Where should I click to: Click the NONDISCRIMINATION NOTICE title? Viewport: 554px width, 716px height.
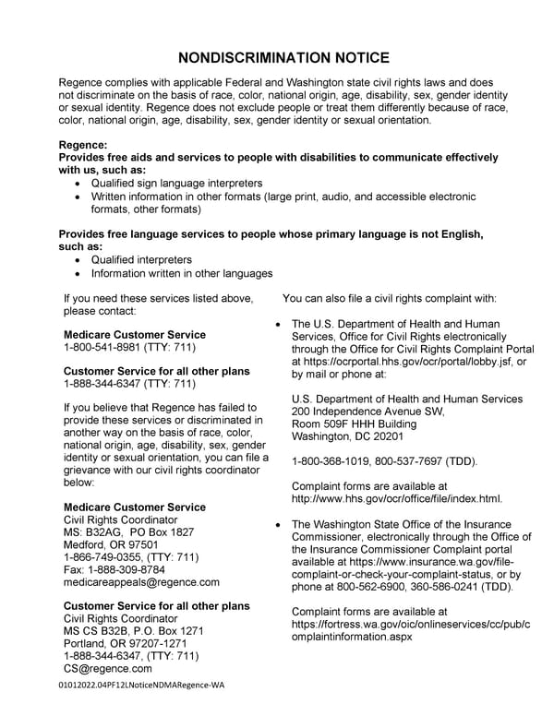coord(277,56)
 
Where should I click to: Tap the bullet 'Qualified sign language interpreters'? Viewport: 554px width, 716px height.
coord(176,184)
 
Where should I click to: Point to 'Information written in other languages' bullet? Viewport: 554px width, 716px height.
coord(181,274)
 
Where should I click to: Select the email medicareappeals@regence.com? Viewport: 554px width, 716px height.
coord(141,582)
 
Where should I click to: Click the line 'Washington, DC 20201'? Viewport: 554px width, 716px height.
coord(349,436)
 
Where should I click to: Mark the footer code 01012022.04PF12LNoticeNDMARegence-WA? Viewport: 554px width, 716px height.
coord(139,686)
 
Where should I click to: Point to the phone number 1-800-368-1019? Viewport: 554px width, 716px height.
coord(330,461)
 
